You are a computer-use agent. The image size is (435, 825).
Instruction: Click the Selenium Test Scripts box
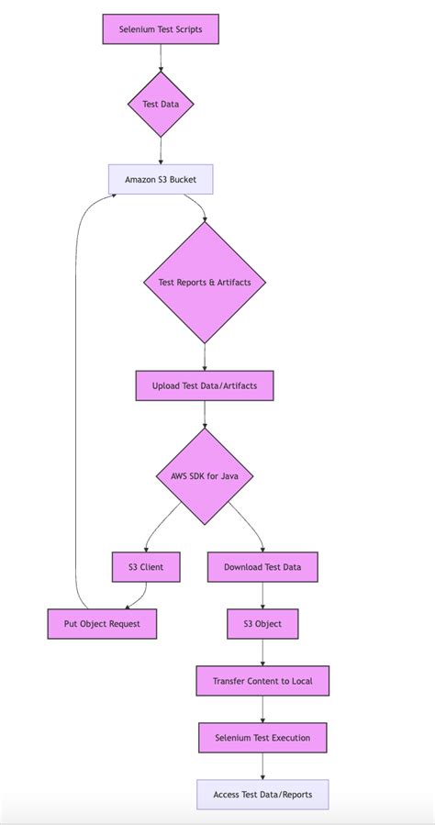point(161,29)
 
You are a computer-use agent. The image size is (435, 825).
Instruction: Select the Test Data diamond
point(161,104)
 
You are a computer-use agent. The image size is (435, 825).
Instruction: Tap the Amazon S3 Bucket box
point(161,179)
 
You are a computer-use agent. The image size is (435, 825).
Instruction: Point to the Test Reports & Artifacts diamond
point(204,283)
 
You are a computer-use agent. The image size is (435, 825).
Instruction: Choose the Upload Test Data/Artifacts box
point(204,385)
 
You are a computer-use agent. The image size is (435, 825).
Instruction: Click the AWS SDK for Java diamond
point(204,476)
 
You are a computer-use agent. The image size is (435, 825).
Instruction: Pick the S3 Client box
point(146,567)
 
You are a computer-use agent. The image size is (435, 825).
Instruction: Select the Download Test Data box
point(262,567)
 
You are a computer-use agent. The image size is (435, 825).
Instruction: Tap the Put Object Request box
point(103,624)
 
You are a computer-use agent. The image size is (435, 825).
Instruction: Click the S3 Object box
point(262,624)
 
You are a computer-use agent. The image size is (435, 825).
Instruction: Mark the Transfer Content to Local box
point(262,681)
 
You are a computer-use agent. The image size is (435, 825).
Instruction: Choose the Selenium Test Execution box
point(262,738)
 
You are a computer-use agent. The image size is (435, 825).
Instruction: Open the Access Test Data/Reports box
point(262,795)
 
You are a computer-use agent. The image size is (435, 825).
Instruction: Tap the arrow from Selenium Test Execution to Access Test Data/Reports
point(262,765)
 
